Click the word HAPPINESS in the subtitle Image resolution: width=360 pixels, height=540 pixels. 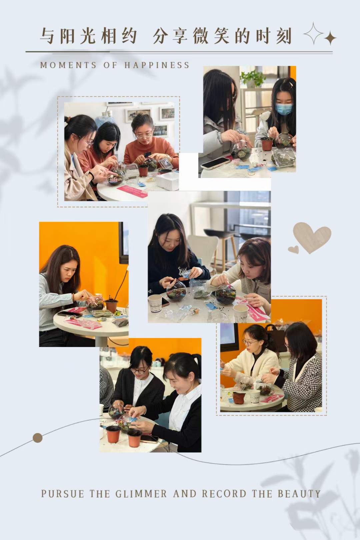coord(157,65)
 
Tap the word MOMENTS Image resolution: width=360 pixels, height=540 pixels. coord(68,65)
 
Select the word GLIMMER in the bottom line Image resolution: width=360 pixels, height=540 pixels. coord(141,494)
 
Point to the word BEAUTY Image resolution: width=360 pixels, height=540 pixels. coord(299,494)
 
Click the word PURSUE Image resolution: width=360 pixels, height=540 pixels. coord(63,494)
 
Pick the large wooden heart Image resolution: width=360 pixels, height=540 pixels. coord(312,237)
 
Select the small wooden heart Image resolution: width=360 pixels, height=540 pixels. coord(293,250)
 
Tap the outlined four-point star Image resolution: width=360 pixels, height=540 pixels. coord(313,34)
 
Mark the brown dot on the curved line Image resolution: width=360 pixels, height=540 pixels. coord(37,438)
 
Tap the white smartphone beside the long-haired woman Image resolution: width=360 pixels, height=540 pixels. coord(216,163)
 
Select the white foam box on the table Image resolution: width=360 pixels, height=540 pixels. coord(167,181)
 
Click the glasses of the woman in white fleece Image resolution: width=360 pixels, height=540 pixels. coord(250,342)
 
